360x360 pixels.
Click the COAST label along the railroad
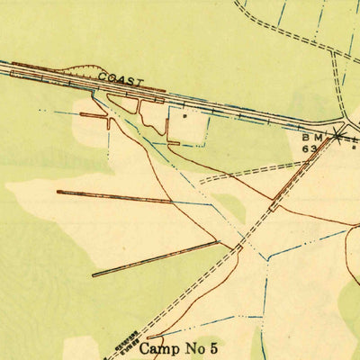pyautogui.click(x=121, y=80)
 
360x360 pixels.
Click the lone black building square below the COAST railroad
pyautogui.click(x=185, y=115)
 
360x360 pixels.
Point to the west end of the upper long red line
pyautogui.click(x=58, y=192)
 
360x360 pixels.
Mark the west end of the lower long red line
pyautogui.click(x=93, y=274)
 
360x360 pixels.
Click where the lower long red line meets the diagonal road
pyautogui.click(x=220, y=241)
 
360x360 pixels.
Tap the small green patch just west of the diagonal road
pyautogui.click(x=231, y=206)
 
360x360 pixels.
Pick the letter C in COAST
pyautogui.click(x=102, y=77)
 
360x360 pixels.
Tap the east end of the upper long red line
pyautogui.click(x=171, y=201)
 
